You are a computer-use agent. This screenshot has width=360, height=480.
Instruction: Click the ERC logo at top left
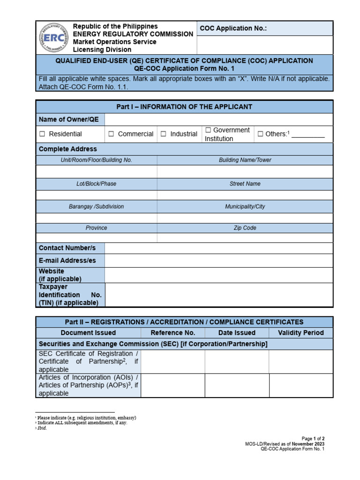click(x=52, y=38)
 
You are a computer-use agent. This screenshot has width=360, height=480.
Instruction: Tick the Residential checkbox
click(x=42, y=134)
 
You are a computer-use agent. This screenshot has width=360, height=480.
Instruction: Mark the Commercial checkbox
click(x=111, y=134)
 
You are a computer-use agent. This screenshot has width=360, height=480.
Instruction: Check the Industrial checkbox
click(x=164, y=134)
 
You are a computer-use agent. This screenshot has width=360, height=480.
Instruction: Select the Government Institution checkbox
click(x=208, y=130)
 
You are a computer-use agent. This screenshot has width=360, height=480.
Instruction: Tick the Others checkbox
click(x=261, y=134)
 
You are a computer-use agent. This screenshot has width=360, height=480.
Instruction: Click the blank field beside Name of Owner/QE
click(x=218, y=120)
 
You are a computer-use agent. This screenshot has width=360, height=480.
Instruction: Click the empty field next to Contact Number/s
click(x=218, y=248)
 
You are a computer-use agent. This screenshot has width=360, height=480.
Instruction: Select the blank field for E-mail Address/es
click(x=218, y=260)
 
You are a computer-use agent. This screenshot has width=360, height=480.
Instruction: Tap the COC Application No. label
click(x=233, y=29)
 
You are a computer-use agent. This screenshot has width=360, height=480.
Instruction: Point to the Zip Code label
click(x=245, y=228)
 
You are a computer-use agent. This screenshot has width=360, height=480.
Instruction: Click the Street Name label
click(x=245, y=184)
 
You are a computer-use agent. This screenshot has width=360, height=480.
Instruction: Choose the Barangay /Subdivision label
click(x=96, y=206)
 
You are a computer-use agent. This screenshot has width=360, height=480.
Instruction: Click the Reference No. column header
click(x=172, y=333)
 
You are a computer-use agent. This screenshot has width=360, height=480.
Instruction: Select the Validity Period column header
click(x=300, y=333)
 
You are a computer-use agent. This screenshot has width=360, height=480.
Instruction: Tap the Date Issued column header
click(x=237, y=333)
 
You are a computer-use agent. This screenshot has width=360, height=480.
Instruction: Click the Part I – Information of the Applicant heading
click(x=184, y=107)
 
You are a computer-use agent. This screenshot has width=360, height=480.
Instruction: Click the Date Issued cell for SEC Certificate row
click(x=237, y=361)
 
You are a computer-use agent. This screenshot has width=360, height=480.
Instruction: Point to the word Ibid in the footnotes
click(x=43, y=428)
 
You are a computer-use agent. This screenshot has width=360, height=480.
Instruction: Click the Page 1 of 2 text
click(x=311, y=439)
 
